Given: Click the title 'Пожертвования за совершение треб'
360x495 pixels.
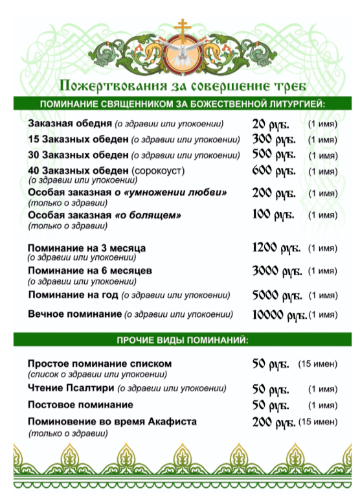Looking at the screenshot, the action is (x=181, y=86).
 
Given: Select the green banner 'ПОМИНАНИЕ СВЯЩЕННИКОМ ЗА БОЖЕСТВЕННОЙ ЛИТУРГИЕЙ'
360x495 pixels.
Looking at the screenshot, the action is (x=181, y=104).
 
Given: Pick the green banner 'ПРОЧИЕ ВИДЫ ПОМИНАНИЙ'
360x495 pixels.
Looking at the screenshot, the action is (x=181, y=340).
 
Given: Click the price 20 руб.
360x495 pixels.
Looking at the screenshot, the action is (x=270, y=124).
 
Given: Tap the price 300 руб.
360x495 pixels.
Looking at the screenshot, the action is (x=273, y=139).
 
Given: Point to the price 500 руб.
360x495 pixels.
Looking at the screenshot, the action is (x=273, y=155).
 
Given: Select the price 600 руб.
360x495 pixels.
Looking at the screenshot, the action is (x=273, y=172).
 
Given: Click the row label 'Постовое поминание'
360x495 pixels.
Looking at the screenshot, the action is (x=80, y=404).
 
